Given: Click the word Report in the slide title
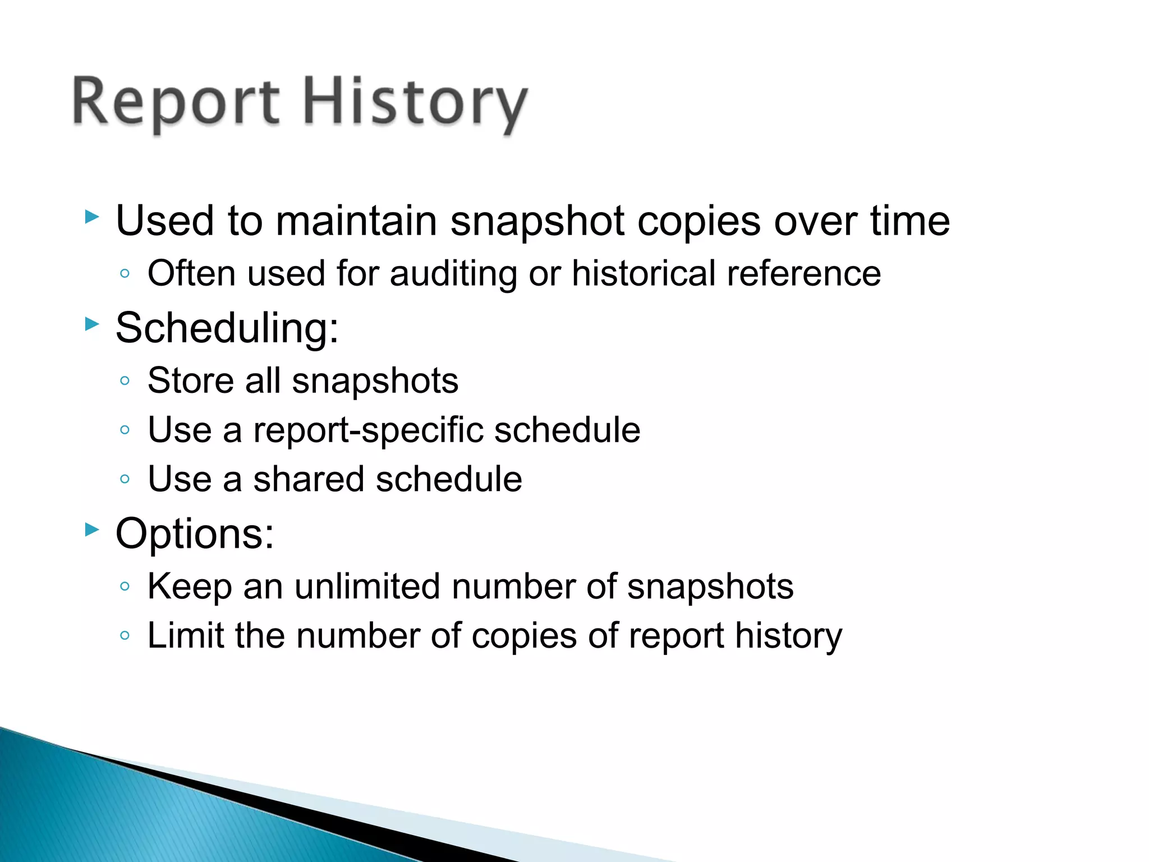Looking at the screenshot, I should tap(176, 103).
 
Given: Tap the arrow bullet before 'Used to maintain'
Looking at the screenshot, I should tap(91, 217).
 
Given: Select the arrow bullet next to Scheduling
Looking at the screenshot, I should tap(91, 324).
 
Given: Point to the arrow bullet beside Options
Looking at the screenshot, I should tap(91, 529).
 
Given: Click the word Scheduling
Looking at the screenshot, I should tap(227, 328).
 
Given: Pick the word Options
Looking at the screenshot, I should tap(194, 534).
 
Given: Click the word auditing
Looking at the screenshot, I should tap(453, 274).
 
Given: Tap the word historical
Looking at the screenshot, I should tap(643, 274).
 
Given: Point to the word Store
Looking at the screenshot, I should tap(191, 381).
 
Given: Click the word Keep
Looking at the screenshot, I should tap(190, 587).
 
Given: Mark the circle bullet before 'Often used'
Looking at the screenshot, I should tap(125, 274).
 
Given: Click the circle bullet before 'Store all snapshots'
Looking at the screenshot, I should tap(125, 381).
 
